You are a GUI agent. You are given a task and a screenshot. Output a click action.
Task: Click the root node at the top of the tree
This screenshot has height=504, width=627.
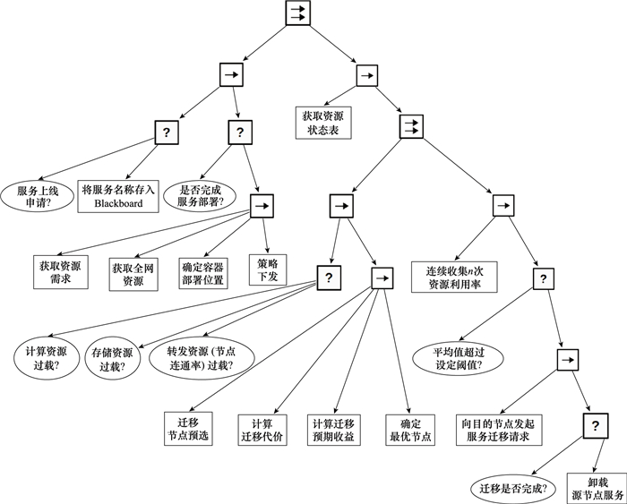coord(297,13)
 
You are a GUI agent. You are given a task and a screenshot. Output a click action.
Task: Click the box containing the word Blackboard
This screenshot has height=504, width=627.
coord(118,196)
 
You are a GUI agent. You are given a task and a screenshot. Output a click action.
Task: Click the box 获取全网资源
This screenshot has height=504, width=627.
coord(133,272)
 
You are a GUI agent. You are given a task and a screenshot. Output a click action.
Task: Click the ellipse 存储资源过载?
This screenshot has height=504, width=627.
coord(114,358)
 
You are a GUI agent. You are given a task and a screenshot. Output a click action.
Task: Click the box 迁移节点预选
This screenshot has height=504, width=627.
coord(188,429)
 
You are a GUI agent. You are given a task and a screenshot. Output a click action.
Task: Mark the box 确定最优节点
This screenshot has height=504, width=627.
coord(410,429)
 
